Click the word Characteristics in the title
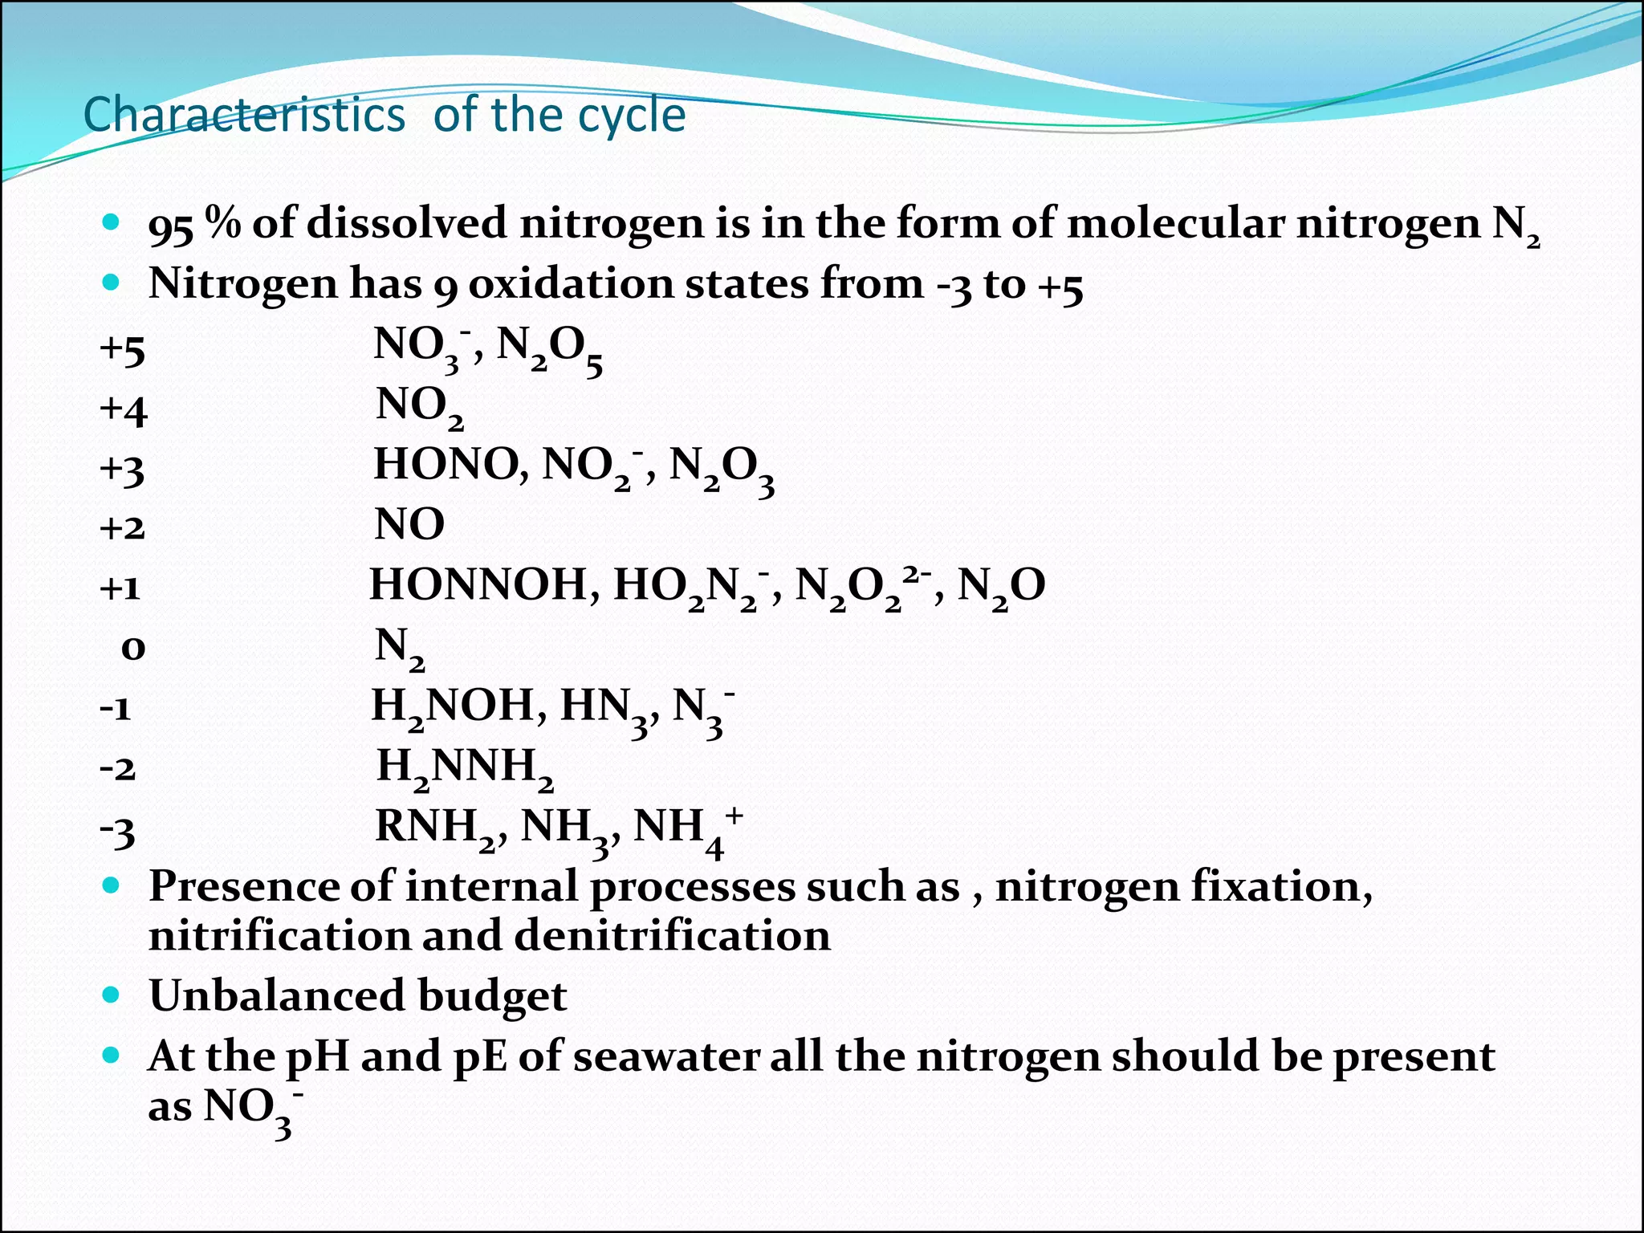[244, 115]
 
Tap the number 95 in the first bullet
[170, 226]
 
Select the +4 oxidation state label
[123, 409]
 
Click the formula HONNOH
[478, 585]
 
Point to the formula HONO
[450, 465]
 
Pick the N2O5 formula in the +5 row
[549, 348]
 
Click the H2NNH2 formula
[465, 767]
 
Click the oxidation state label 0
[132, 648]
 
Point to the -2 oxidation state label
[117, 768]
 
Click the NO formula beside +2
[409, 525]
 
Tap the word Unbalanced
[277, 996]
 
